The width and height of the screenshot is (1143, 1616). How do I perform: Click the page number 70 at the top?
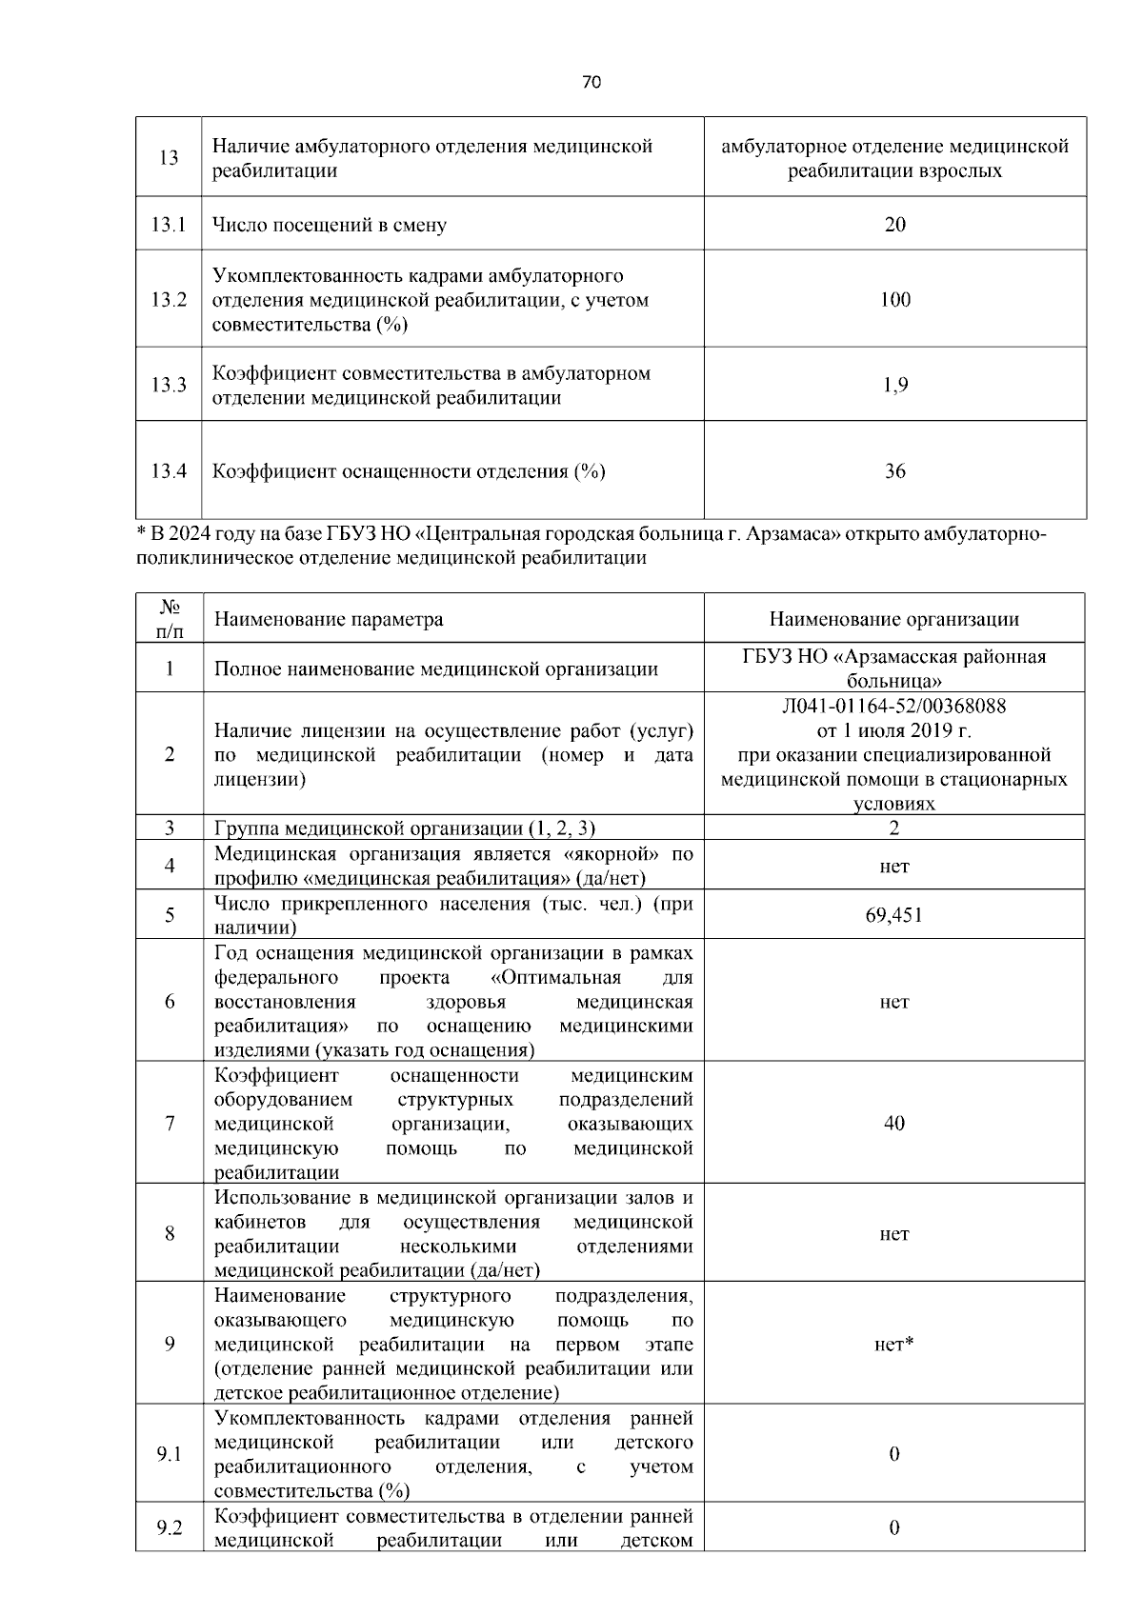tap(591, 83)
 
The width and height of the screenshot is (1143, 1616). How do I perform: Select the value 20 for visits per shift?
tap(894, 225)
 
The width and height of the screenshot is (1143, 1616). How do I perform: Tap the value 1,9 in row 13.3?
tap(894, 385)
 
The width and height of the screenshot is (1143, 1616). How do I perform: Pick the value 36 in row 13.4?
tap(894, 471)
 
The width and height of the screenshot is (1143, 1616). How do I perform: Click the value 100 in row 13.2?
tap(894, 300)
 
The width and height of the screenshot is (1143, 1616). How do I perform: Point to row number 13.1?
tap(168, 225)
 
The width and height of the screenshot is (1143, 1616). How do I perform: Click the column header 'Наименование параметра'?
tap(329, 620)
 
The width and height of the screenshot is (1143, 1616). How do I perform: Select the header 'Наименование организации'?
tap(893, 620)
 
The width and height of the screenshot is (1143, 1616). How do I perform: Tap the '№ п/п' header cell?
tap(169, 618)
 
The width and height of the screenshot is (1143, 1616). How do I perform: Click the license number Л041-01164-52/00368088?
tap(893, 707)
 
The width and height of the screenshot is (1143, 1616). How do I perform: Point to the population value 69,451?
tap(893, 915)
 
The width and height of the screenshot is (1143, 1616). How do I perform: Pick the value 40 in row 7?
tap(893, 1124)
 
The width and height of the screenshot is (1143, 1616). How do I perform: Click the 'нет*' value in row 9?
tap(893, 1345)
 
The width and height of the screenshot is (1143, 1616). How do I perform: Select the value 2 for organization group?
tap(893, 828)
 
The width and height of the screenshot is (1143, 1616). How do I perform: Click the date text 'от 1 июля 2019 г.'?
tap(893, 731)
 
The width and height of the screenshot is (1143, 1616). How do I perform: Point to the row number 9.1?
tap(169, 1455)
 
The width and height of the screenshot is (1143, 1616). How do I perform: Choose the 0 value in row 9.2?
tap(893, 1528)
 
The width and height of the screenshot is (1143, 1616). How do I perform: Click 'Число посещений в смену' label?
tap(329, 226)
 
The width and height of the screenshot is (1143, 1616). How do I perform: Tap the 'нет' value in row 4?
tap(893, 867)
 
